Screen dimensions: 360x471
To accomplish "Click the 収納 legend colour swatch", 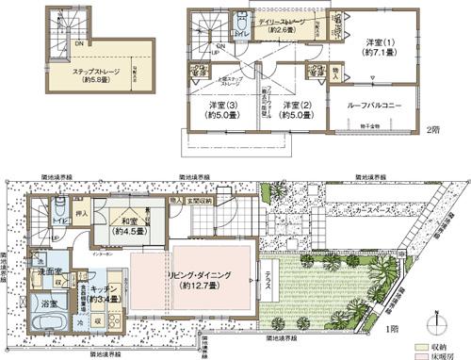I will (423, 347).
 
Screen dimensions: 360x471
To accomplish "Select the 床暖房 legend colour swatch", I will (423, 356).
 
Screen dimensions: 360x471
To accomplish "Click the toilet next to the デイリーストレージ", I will (242, 23).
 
